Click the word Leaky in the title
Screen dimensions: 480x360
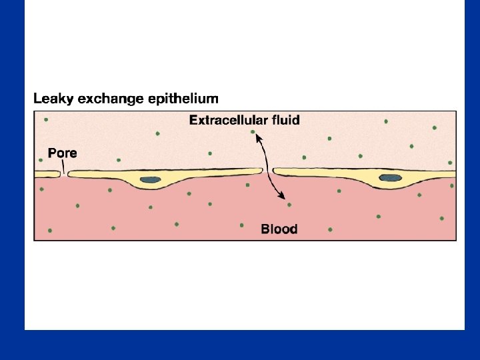[x=53, y=99]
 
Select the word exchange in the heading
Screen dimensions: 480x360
[x=111, y=99]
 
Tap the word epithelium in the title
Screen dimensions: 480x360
[x=183, y=99]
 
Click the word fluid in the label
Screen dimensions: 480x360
[x=283, y=121]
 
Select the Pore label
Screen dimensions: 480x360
[x=63, y=153]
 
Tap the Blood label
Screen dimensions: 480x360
[x=279, y=229]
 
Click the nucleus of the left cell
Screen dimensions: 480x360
[x=151, y=179]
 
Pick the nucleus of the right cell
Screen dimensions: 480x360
[x=389, y=178]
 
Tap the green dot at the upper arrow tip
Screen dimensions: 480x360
[x=252, y=132]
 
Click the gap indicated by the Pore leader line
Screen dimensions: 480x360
[x=64, y=174]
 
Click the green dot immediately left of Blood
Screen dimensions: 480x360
[x=241, y=225]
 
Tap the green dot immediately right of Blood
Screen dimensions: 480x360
[x=330, y=230]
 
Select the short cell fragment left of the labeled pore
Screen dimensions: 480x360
[x=47, y=174]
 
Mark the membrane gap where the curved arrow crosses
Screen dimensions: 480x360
[x=269, y=171]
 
